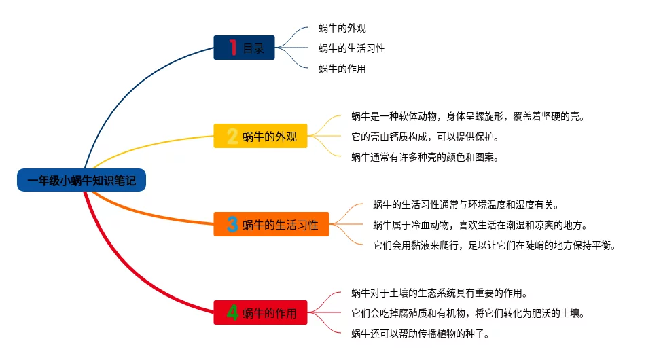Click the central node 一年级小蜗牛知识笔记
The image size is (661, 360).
82,181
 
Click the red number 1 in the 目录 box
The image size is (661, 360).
232,48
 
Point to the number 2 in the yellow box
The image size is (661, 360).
232,137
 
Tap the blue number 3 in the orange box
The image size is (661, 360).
232,225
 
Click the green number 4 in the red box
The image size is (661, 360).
232,313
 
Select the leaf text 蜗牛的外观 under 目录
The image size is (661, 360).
342,29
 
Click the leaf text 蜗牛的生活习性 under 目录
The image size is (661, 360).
352,48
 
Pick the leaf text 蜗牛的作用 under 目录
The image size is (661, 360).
342,69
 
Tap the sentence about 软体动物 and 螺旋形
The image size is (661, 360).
467,116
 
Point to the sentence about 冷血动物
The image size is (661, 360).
480,225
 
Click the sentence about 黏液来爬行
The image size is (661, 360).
495,245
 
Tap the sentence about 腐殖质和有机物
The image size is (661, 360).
467,313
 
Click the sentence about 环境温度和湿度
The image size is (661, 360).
465,204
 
